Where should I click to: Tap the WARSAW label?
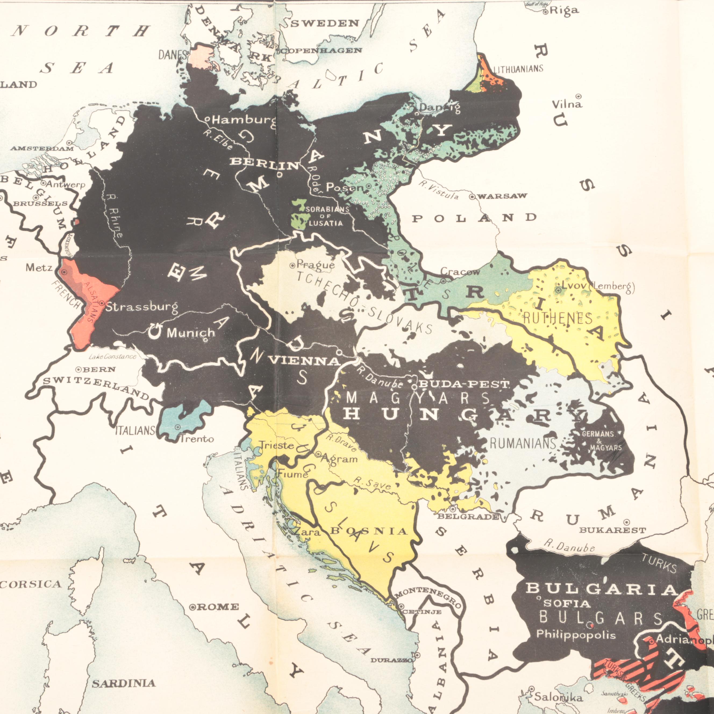(502, 196)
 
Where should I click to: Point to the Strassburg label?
(141, 307)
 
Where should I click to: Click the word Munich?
(191, 333)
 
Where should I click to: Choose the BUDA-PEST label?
(464, 385)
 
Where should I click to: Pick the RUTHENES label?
(557, 318)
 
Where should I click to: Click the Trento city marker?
(178, 427)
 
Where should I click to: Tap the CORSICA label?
(30, 584)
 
